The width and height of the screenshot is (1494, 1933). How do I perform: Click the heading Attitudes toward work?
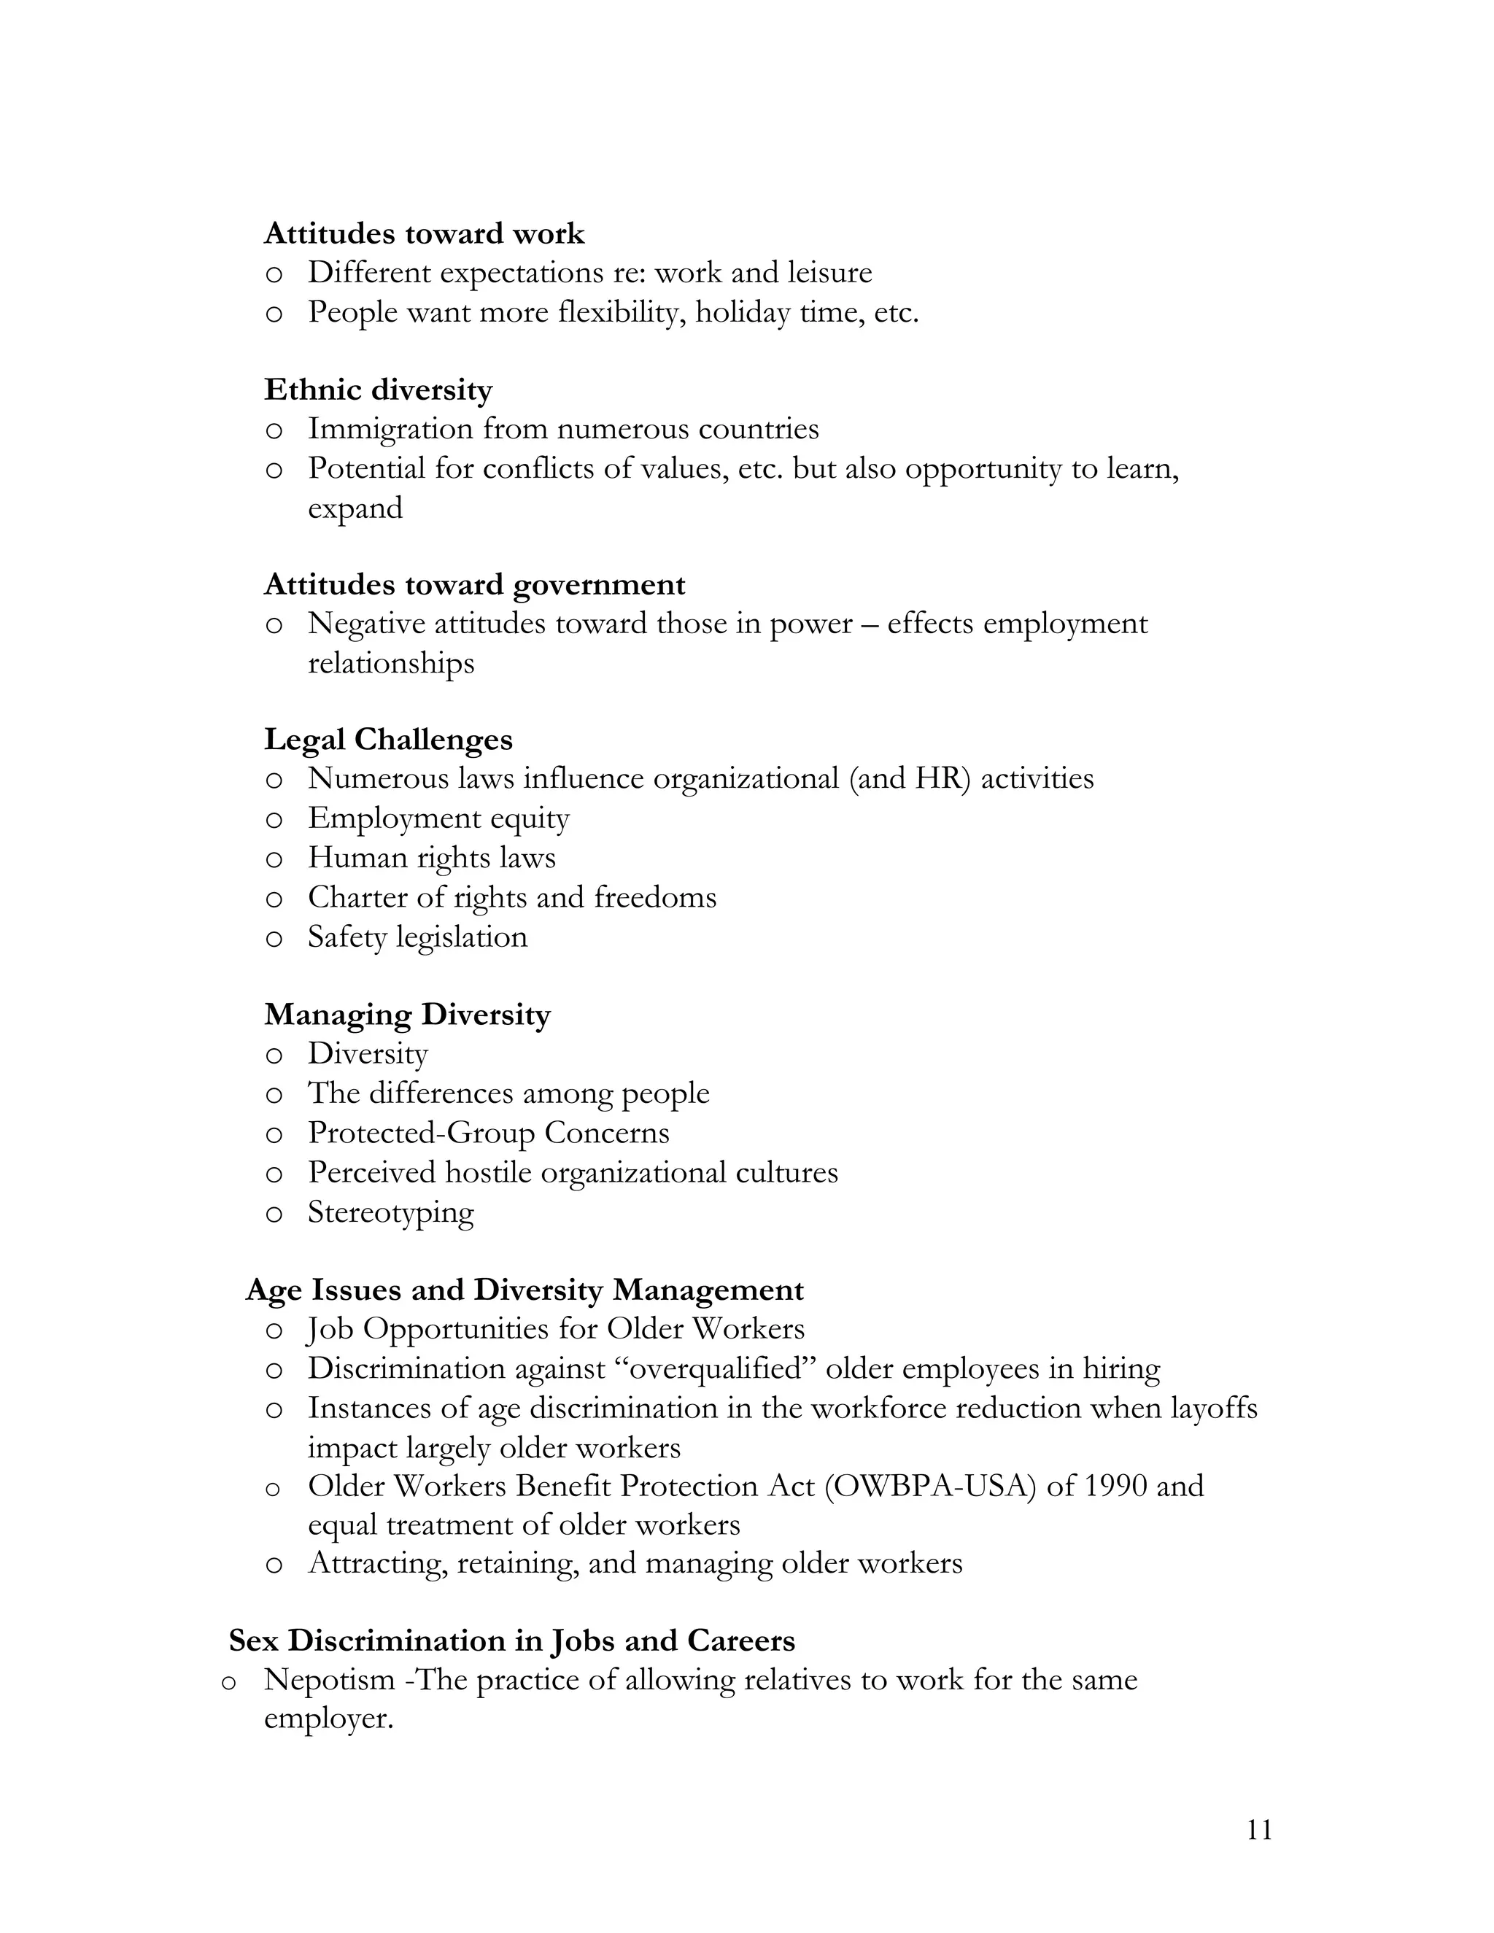(x=424, y=233)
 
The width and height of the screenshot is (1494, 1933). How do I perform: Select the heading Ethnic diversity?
(x=378, y=390)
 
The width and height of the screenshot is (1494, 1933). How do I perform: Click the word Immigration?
(x=390, y=429)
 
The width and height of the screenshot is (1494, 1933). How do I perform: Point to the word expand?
(x=355, y=509)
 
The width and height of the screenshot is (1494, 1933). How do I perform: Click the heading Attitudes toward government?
(x=474, y=585)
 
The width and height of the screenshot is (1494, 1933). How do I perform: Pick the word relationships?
(x=390, y=663)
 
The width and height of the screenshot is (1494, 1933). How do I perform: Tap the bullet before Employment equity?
(x=274, y=821)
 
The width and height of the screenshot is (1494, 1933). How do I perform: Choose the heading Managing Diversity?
(x=407, y=1015)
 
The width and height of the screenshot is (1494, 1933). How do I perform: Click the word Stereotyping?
(x=390, y=1212)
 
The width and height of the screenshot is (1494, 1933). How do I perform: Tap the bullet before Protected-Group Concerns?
(x=274, y=1136)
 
